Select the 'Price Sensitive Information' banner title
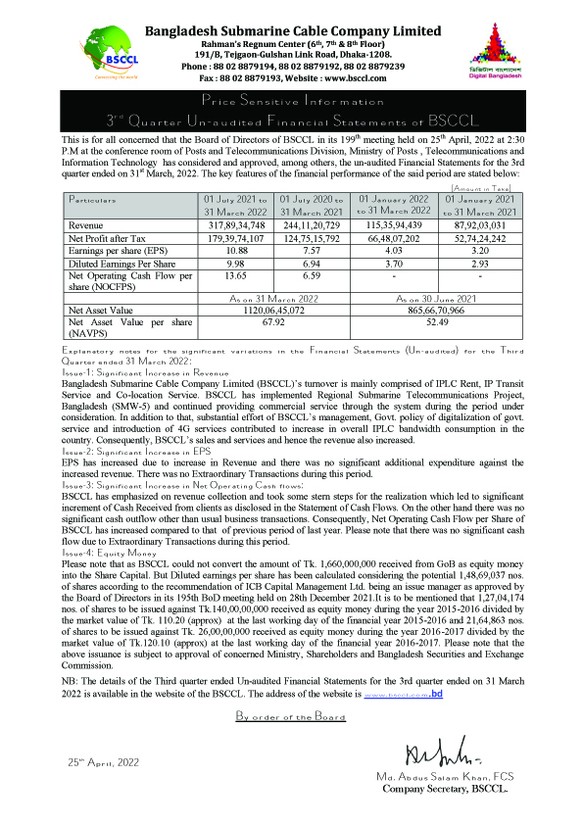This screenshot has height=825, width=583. pos(291,102)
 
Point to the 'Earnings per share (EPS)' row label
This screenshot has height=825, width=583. pos(110,249)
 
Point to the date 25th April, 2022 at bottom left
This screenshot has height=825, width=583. pos(105,760)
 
